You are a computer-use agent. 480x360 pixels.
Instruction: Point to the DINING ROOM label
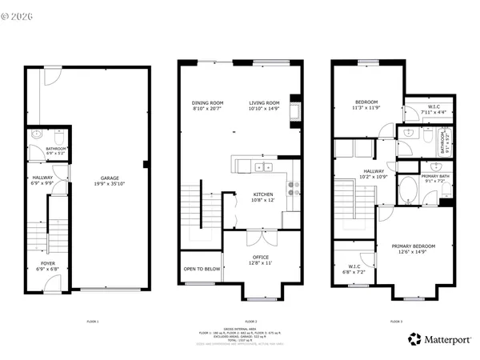pyautogui.click(x=207, y=102)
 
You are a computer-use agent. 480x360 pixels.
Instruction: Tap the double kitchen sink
pyautogui.click(x=263, y=167)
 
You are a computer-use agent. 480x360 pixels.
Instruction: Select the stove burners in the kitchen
pyautogui.click(x=294, y=189)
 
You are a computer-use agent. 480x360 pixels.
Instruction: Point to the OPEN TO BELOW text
pyautogui.click(x=202, y=269)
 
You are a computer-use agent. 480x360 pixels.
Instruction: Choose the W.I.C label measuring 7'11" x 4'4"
pyautogui.click(x=434, y=107)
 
